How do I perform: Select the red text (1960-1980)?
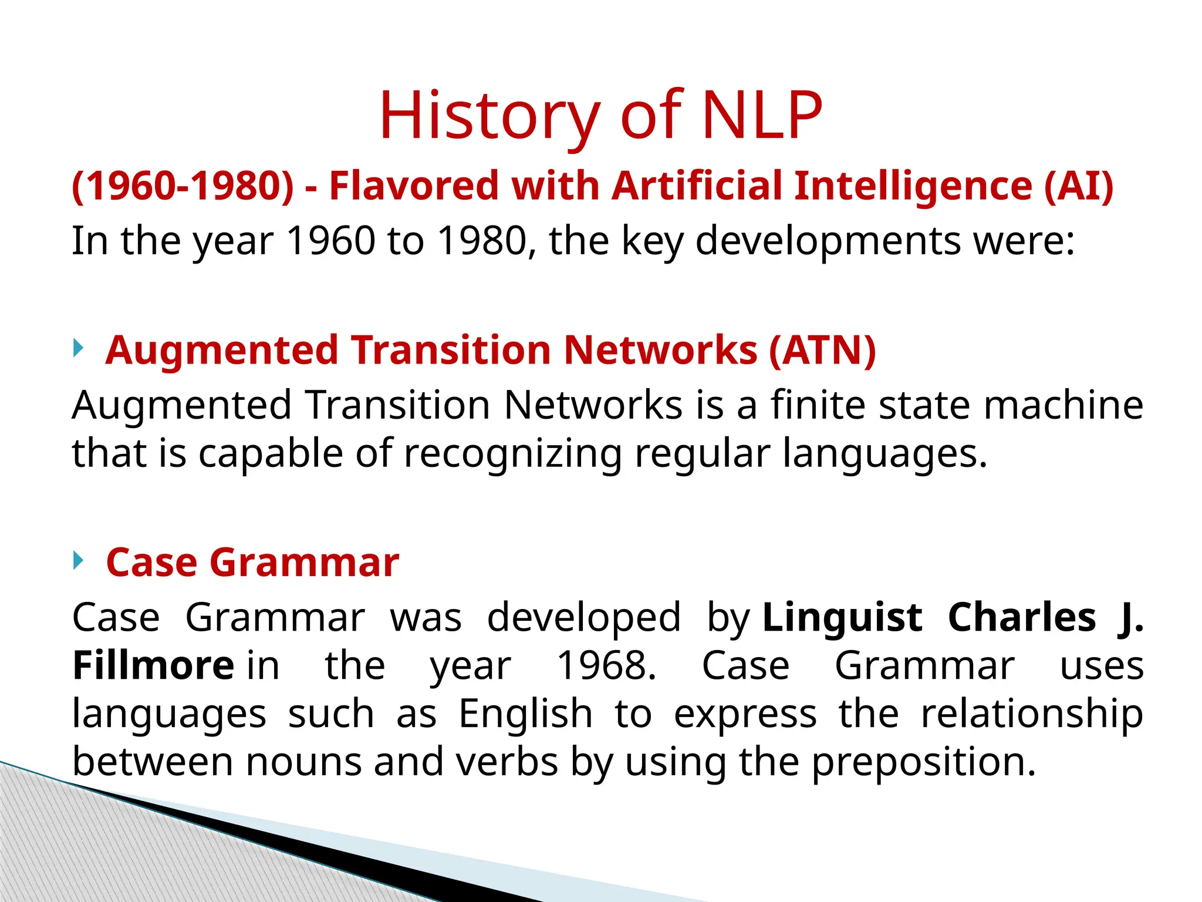coord(183,186)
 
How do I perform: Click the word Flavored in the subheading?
coord(414,186)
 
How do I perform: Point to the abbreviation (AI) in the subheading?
coord(1078,186)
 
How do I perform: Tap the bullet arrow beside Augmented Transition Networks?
coord(79,348)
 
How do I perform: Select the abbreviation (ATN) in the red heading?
coord(822,350)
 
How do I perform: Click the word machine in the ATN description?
coord(1063,405)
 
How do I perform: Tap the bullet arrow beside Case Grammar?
coord(79,561)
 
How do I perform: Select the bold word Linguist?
coord(842,618)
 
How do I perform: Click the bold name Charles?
coord(1022,618)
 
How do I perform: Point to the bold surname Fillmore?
coord(153,666)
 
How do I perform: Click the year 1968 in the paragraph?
coord(605,666)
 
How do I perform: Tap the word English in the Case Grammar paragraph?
coord(525,714)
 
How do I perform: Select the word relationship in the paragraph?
coord(1031,714)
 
